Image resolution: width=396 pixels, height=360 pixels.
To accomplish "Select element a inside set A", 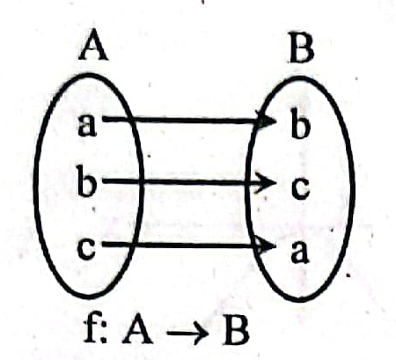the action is tap(87, 125).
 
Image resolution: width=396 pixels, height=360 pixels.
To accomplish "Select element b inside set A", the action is tap(86, 180).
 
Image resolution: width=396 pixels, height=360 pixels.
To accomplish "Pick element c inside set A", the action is tap(86, 248).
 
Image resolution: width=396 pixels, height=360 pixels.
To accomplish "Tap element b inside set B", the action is tap(301, 123).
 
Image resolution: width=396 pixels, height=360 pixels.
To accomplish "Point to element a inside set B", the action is tap(299, 252).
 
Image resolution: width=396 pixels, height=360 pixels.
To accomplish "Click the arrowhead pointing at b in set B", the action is tap(266, 121).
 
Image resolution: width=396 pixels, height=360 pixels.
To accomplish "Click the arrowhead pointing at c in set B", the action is tap(266, 183).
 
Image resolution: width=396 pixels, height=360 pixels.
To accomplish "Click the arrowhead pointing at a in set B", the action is tap(266, 246).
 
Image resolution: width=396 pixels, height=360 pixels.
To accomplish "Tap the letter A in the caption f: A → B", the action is tap(137, 331).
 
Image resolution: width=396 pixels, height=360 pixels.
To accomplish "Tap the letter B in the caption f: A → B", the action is tap(236, 332).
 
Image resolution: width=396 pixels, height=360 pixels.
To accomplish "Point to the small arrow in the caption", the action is tap(187, 334).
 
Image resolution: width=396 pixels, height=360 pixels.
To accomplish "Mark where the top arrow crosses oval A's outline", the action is tap(132, 119).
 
